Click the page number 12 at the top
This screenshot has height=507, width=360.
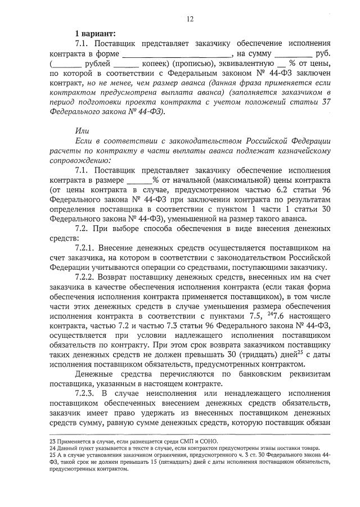pyautogui.click(x=190, y=19)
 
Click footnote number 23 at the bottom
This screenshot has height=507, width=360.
pyautogui.click(x=53, y=441)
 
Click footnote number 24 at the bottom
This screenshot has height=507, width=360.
pyautogui.click(x=53, y=448)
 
